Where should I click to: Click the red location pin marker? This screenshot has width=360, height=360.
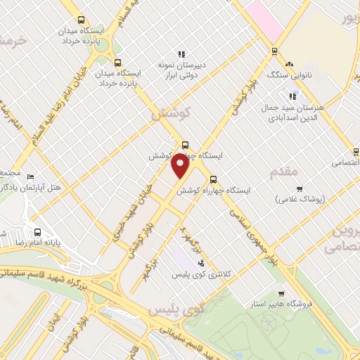181,167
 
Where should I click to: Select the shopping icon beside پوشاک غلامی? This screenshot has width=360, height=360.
300,188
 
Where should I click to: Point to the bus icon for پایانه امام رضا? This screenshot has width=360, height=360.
38,232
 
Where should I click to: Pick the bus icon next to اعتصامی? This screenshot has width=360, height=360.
356,152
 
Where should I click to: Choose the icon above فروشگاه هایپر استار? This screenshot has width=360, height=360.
282,294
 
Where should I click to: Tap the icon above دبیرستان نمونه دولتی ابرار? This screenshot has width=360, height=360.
181,53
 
